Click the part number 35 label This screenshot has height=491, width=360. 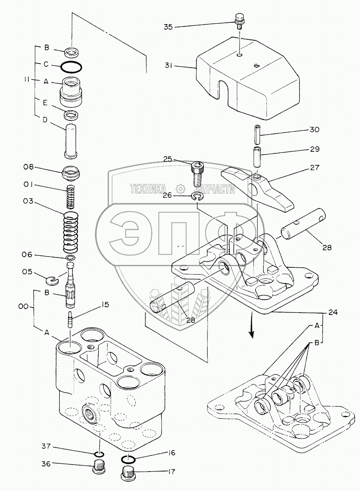[168, 27]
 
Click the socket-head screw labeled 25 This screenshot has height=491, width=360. [196, 174]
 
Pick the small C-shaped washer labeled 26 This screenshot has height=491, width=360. [197, 198]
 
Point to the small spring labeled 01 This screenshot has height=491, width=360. [71, 196]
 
